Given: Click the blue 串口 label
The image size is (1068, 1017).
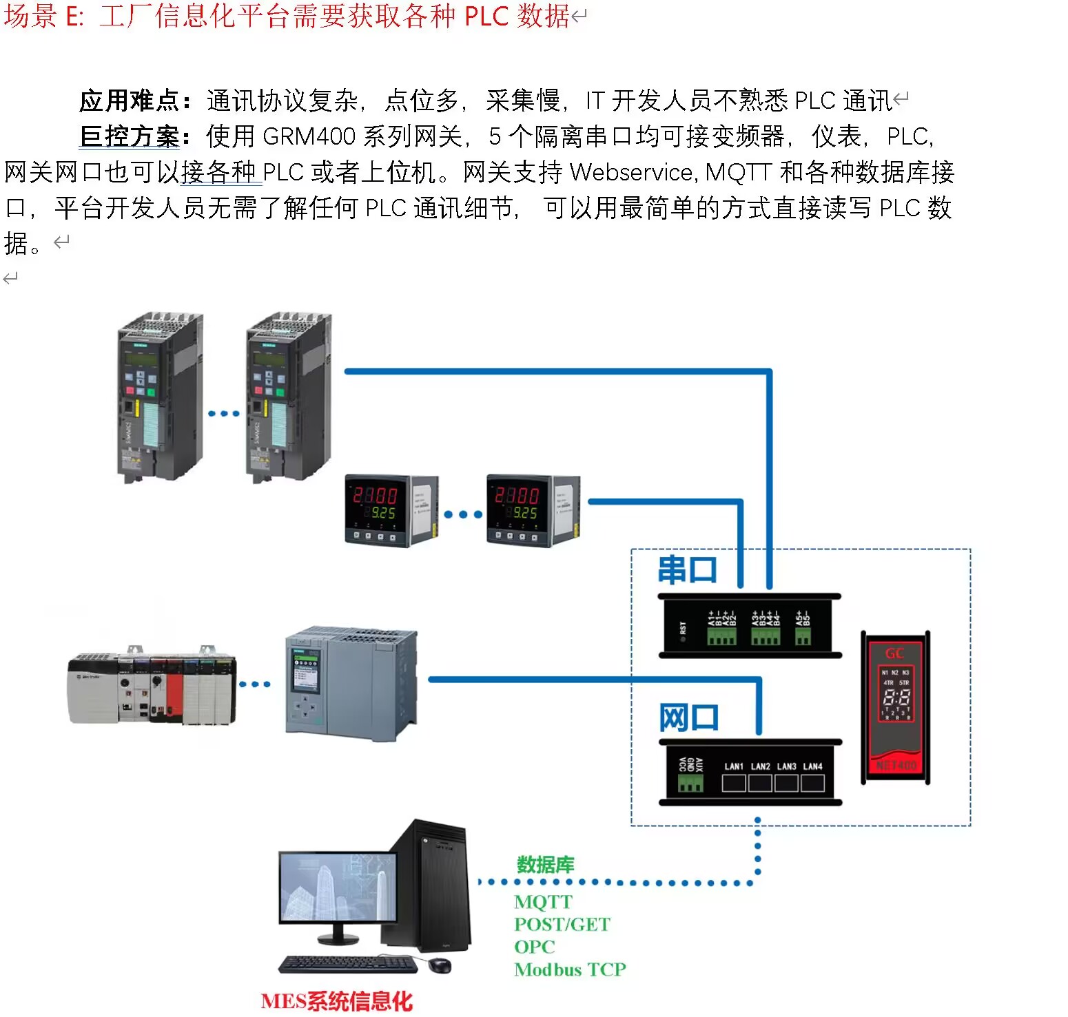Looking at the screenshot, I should [687, 570].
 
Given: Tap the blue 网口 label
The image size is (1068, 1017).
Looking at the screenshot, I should [688, 718].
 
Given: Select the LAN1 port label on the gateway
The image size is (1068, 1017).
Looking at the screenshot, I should [734, 766].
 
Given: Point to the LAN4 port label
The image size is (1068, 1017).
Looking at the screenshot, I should [812, 766].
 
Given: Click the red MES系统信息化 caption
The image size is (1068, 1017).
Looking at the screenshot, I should [336, 1000].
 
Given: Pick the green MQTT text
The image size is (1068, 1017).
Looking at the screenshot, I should [543, 902].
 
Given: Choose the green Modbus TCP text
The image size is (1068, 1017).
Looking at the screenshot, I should [570, 969].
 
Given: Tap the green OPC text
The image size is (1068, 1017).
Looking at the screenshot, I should [534, 947].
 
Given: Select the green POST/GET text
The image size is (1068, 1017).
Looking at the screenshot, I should [562, 924].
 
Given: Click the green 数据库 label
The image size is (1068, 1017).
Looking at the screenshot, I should [545, 864].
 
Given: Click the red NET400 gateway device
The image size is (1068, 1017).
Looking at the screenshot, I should [895, 706].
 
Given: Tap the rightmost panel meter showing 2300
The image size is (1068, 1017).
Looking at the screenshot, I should [533, 510].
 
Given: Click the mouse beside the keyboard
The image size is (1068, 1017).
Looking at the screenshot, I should [439, 965].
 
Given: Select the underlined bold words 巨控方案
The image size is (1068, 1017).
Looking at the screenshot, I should [129, 136].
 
